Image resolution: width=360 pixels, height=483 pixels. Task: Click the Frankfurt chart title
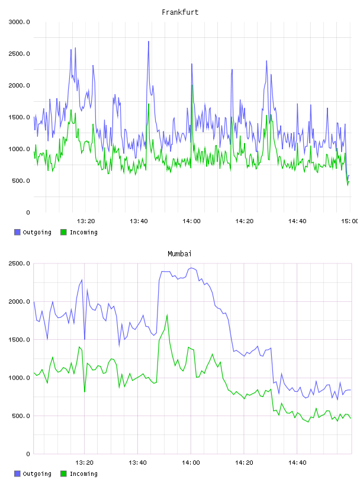pyautogui.click(x=180, y=12)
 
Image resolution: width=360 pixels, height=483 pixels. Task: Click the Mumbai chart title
pyautogui.click(x=179, y=254)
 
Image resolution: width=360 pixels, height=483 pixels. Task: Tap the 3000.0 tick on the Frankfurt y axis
pyautogui.click(x=19, y=22)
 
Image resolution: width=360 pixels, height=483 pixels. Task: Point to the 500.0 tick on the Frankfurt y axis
pyautogui.click(x=21, y=181)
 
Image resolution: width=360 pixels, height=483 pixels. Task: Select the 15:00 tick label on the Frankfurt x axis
pyautogui.click(x=349, y=221)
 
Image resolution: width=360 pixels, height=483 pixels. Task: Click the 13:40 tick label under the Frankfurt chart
pyautogui.click(x=139, y=221)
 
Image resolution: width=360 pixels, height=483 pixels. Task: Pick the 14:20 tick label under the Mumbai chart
pyautogui.click(x=244, y=463)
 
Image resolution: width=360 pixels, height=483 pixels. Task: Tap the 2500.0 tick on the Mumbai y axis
pyautogui.click(x=19, y=263)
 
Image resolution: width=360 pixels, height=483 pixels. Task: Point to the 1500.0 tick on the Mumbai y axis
pyautogui.click(x=19, y=340)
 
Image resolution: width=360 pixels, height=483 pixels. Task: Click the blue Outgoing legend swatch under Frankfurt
pyautogui.click(x=17, y=232)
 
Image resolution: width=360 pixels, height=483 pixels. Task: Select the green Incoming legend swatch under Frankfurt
pyautogui.click(x=63, y=232)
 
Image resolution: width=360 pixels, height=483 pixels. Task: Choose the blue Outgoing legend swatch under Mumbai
pyautogui.click(x=17, y=474)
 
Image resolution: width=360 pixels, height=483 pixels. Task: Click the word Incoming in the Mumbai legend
pyautogui.click(x=83, y=474)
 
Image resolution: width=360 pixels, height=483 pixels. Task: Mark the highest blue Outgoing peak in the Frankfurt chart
pyautogui.click(x=149, y=41)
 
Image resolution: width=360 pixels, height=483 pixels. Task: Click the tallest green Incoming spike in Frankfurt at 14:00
pyautogui.click(x=192, y=85)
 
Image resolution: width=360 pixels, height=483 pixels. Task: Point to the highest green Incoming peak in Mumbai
pyautogui.click(x=167, y=315)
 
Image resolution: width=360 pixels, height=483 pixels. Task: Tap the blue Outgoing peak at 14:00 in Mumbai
pyautogui.click(x=191, y=268)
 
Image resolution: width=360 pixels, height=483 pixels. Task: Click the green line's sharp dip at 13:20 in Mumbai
pyautogui.click(x=85, y=391)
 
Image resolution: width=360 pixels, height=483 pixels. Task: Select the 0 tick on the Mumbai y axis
pyautogui.click(x=28, y=454)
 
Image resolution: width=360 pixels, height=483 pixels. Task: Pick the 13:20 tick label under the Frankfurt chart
pyautogui.click(x=86, y=221)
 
